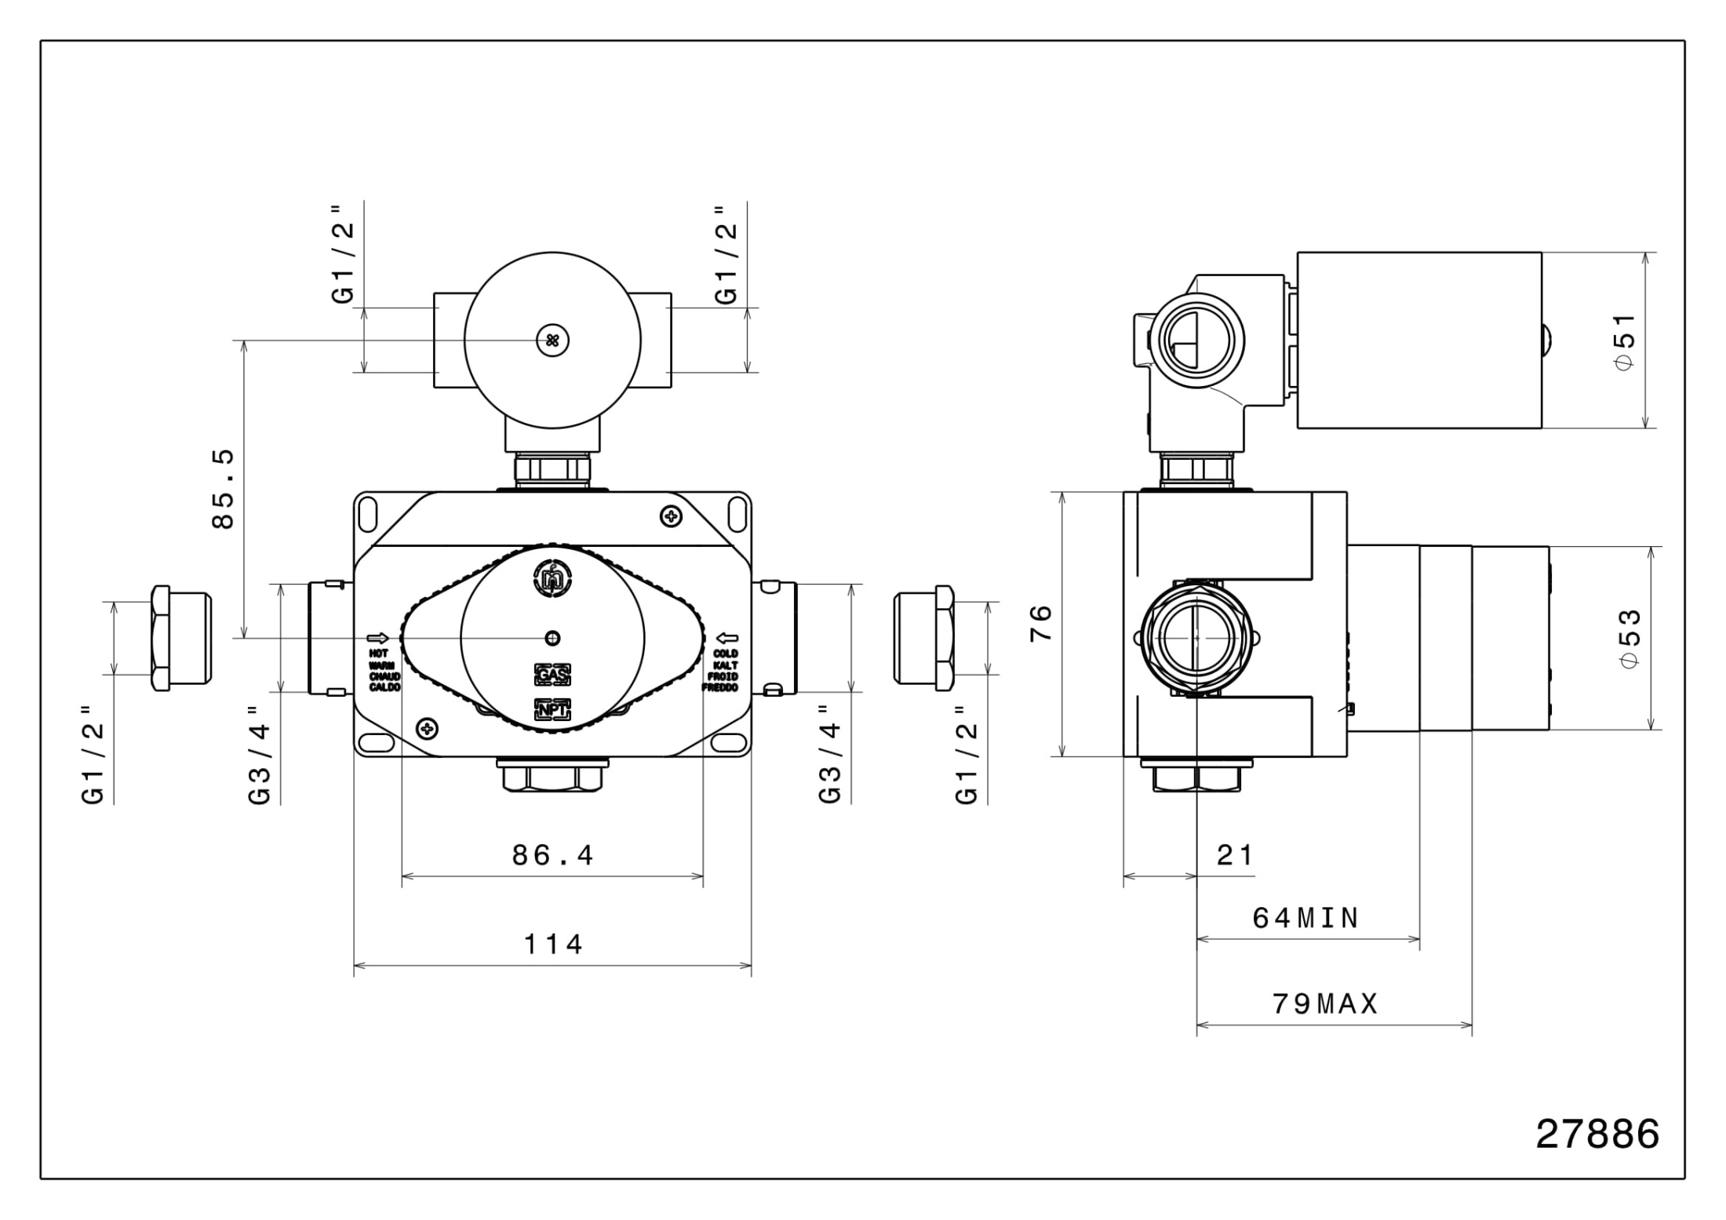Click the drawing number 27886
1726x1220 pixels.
tap(1597, 1134)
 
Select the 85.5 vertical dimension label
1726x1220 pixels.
tap(224, 489)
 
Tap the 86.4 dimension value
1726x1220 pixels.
tap(552, 854)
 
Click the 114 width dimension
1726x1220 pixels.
tap(553, 944)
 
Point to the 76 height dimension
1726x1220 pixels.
tap(1040, 624)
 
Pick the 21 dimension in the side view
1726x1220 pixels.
tap(1235, 854)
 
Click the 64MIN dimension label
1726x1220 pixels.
tap(1305, 917)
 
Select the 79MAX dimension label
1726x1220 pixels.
tap(1325, 1003)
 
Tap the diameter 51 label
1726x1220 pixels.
tap(1626, 341)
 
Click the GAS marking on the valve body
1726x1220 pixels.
tap(552, 675)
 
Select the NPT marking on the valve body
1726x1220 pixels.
tap(552, 710)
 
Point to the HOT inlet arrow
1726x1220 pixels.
tap(378, 638)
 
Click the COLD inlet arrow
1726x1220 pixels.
tap(728, 638)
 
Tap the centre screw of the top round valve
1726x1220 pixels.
tap(552, 341)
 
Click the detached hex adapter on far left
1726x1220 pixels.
tap(180, 638)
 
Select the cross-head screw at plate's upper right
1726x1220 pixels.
tap(671, 516)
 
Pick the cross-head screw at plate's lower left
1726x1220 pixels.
tap(428, 729)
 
